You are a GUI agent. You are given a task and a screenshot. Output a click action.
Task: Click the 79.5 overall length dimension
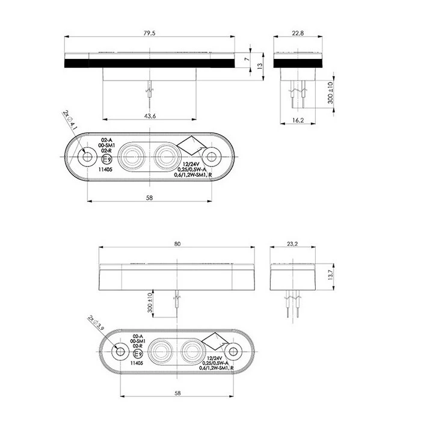pyautogui.click(x=150, y=34)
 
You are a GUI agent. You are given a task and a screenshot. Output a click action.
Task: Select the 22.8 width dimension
pyautogui.click(x=298, y=34)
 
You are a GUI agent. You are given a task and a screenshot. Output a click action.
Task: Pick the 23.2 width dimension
pyautogui.click(x=293, y=244)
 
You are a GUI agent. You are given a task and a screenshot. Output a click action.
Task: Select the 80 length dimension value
pyautogui.click(x=176, y=244)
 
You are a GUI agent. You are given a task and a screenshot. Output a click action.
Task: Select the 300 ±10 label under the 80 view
pyautogui.click(x=150, y=303)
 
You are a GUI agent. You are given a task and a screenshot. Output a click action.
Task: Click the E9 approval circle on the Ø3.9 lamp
pyautogui.click(x=136, y=354)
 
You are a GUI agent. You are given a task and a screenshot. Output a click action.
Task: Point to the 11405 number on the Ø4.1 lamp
pyautogui.click(x=106, y=170)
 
